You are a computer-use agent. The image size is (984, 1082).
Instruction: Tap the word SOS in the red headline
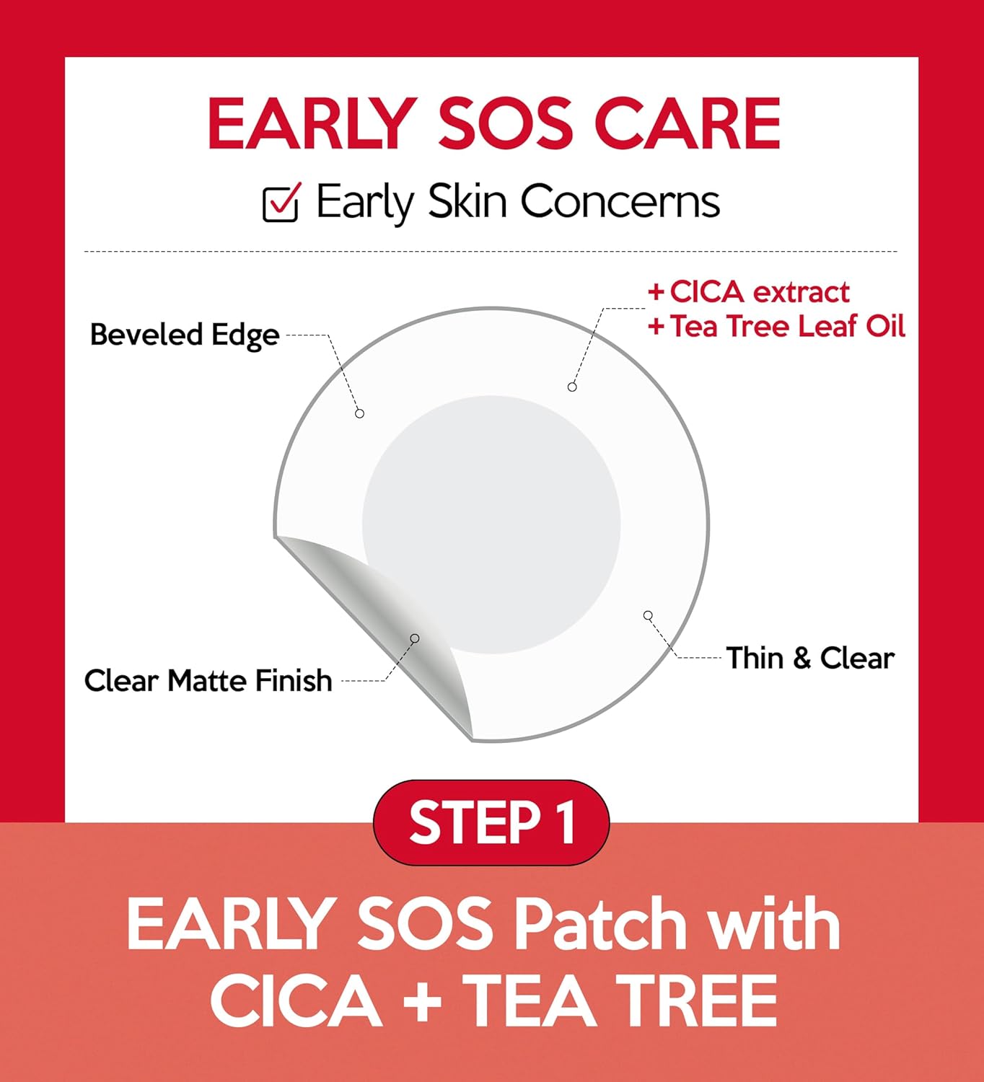505,124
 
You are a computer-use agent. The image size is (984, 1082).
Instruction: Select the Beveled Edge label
185,335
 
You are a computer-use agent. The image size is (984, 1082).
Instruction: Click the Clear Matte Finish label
208,680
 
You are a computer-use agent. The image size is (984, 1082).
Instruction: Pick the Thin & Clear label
810,658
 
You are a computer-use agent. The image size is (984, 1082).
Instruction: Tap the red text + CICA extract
749,292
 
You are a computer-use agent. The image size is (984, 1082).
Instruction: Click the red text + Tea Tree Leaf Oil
776,326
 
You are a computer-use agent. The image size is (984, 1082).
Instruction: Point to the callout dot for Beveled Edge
359,413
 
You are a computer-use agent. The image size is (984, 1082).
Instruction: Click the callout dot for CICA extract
572,387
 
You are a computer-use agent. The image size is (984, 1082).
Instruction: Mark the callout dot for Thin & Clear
648,615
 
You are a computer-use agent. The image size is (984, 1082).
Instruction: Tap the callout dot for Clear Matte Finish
415,638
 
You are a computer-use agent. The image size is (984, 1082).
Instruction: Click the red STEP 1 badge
491,822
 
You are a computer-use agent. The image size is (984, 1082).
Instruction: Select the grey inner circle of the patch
491,524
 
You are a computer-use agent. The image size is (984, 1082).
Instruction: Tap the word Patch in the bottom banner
600,924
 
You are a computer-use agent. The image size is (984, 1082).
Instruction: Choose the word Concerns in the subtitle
620,201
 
